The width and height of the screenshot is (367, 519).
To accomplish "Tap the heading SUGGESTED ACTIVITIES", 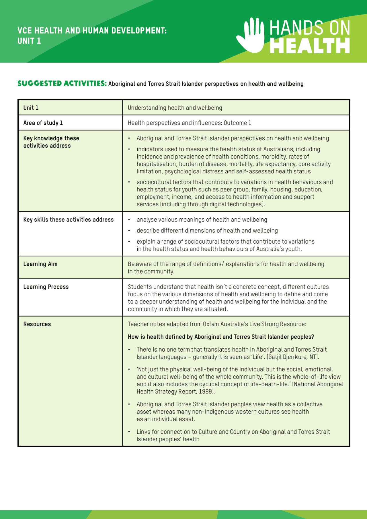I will tap(62, 83).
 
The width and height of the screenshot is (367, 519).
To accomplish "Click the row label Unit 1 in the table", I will tap(31, 108).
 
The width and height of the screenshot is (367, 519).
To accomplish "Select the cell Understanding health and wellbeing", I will tap(175, 108).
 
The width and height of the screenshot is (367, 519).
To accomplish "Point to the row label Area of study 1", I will tap(43, 123).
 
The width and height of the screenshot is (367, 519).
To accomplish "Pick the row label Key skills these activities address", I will tap(68, 220).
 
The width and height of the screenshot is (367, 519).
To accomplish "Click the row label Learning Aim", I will tap(40, 264).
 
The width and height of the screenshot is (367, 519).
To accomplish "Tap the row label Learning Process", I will tap(46, 287).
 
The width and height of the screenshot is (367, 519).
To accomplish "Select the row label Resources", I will tap(37, 324).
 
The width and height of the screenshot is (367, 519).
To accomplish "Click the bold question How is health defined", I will tap(221, 337).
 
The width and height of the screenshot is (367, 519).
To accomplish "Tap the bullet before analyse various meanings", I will tap(129, 220).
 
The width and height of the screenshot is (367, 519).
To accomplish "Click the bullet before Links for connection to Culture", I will tap(129, 432).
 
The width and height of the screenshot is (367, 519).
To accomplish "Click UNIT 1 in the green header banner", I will tap(29, 41).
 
